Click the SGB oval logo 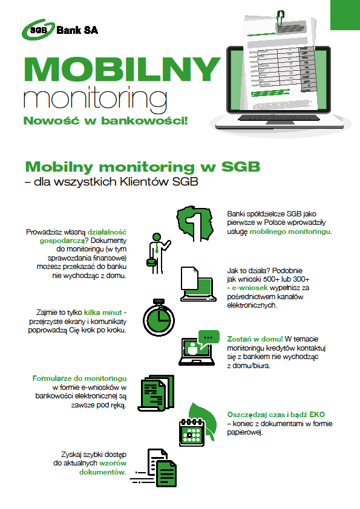(x=38, y=30)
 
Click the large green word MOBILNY (x=122, y=69)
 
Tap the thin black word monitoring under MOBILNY (x=95, y=97)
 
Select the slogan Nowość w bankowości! (x=106, y=120)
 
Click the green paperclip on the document (x=280, y=19)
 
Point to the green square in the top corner (x=345, y=15)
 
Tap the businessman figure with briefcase (x=157, y=253)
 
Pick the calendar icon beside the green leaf (x=192, y=433)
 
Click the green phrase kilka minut (x=103, y=313)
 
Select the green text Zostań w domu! (x=255, y=339)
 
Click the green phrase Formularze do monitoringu (x=79, y=378)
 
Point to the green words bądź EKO (x=308, y=415)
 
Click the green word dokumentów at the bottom (x=102, y=472)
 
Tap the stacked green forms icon (x=156, y=393)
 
